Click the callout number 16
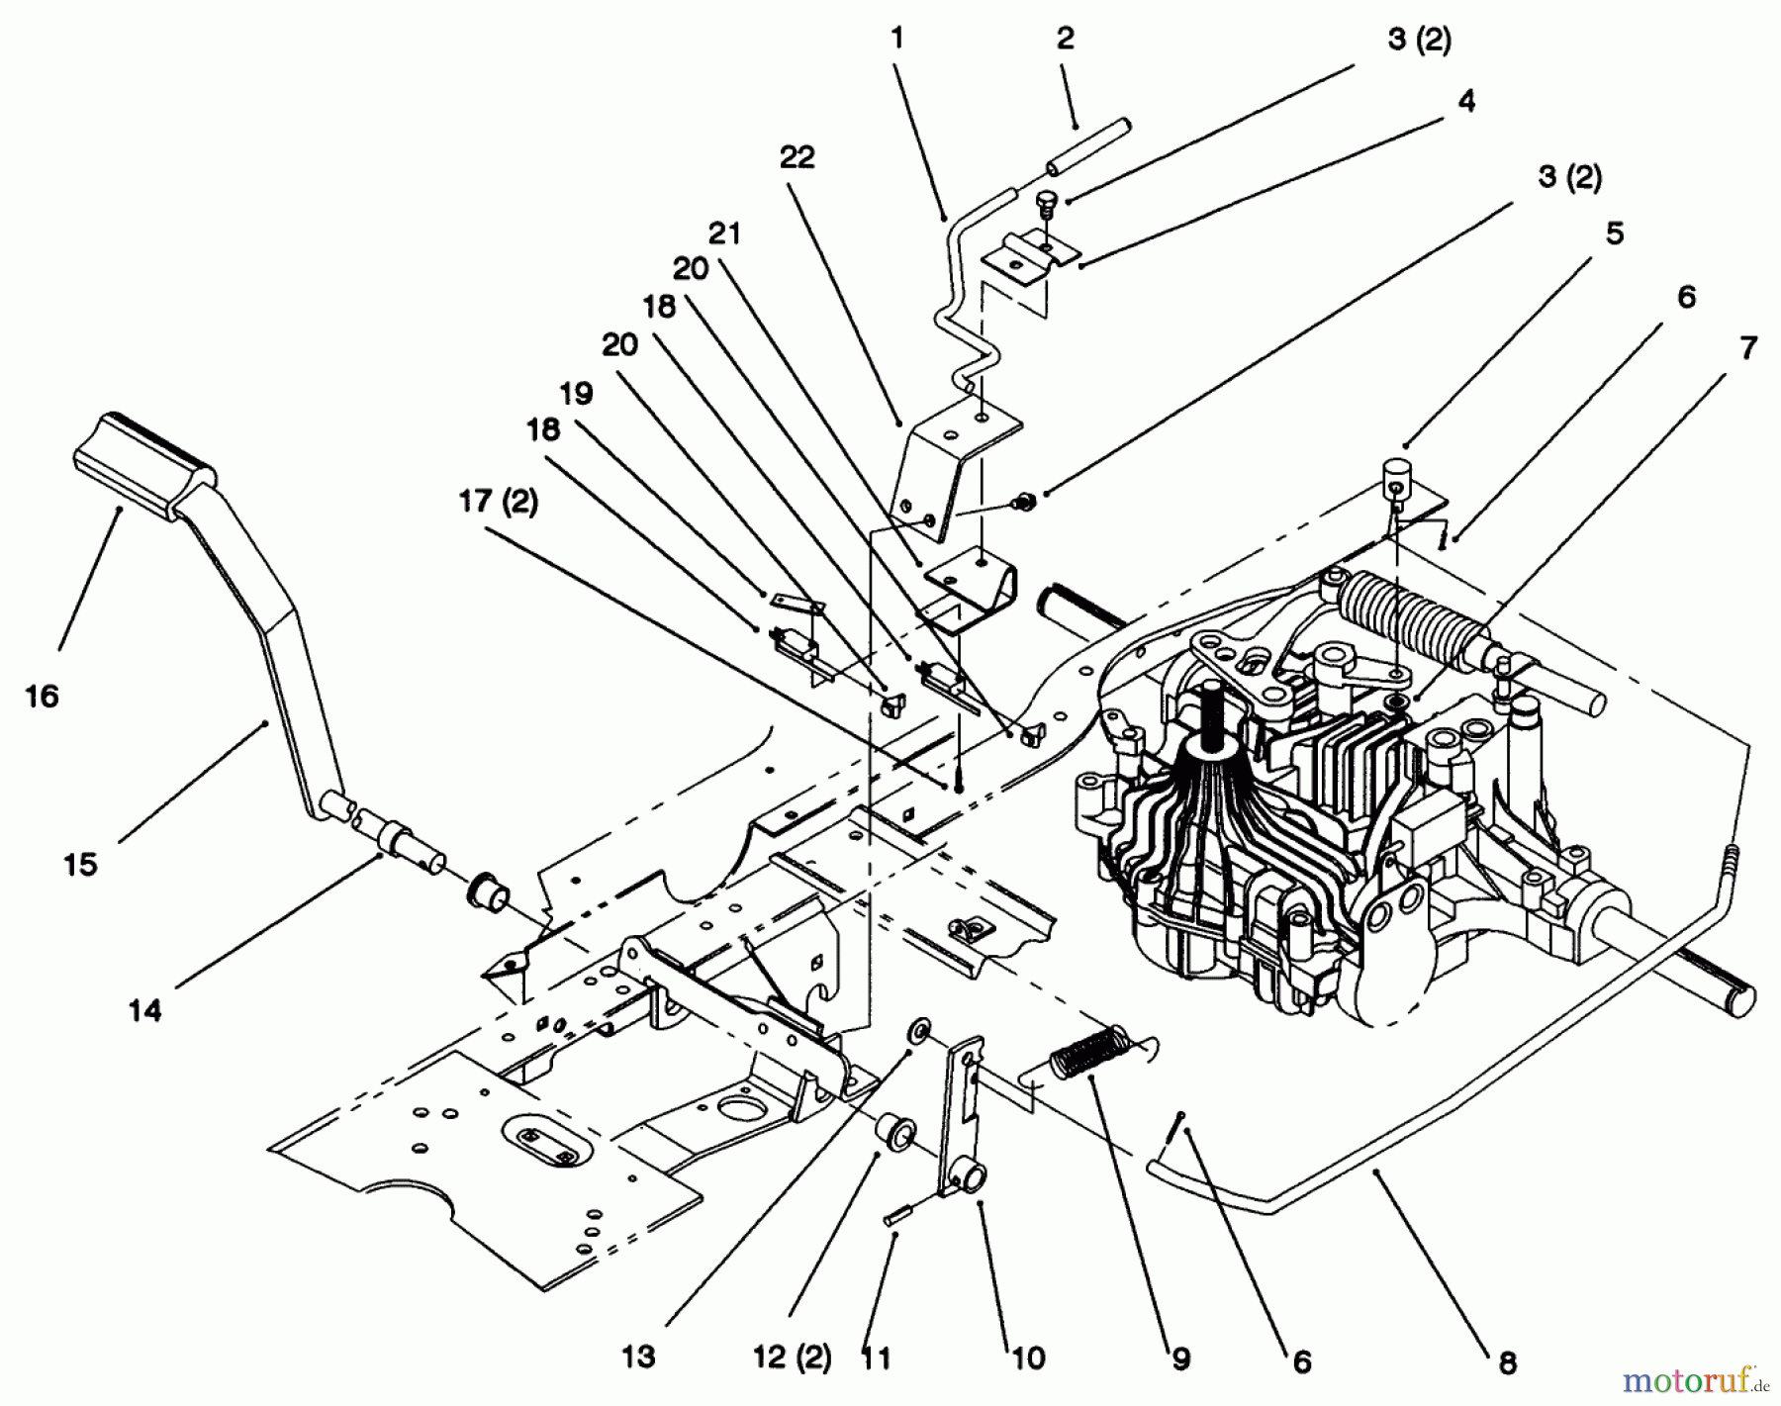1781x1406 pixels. (x=42, y=697)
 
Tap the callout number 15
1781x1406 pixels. (x=80, y=864)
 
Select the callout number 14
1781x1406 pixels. (x=144, y=1010)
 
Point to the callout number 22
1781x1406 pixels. (x=797, y=156)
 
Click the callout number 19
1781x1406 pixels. (x=576, y=394)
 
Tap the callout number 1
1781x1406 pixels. (x=896, y=39)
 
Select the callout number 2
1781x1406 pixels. (x=1065, y=39)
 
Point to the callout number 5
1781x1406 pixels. (x=1614, y=234)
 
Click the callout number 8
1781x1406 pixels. (x=1507, y=1363)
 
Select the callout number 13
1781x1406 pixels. (x=639, y=1356)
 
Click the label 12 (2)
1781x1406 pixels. (x=792, y=1356)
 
